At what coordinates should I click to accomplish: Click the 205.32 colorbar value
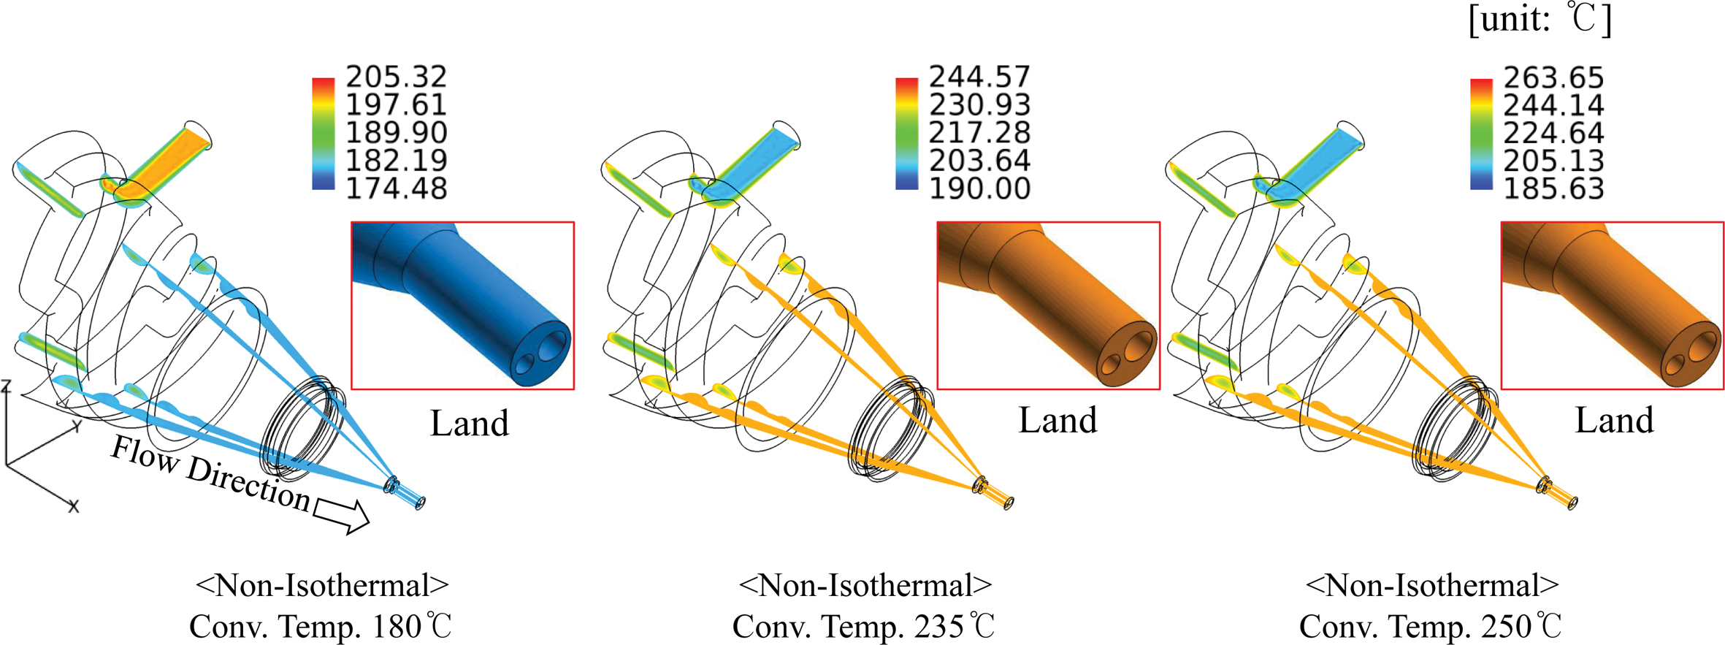[x=396, y=77]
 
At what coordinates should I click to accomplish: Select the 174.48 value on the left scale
[x=396, y=188]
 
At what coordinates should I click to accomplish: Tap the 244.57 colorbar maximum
[x=979, y=77]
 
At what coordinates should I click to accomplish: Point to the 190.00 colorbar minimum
[x=979, y=188]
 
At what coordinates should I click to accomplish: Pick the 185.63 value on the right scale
[x=1553, y=189]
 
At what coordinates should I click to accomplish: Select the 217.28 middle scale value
[x=979, y=133]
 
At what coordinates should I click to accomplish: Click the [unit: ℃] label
[x=1540, y=20]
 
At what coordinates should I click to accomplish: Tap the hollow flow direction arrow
[x=342, y=515]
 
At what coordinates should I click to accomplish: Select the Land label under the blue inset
[x=469, y=423]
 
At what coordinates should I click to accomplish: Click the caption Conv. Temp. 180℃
[x=321, y=626]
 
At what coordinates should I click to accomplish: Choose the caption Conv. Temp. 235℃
[x=864, y=626]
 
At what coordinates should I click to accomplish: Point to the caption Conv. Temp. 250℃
[x=1431, y=626]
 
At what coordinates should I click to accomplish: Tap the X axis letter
[x=73, y=505]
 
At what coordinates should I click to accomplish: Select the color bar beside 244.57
[x=906, y=134]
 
